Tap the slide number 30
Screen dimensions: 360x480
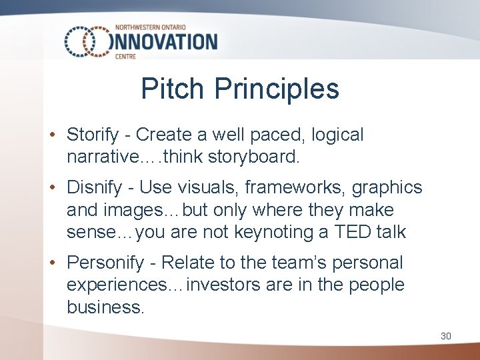(445, 336)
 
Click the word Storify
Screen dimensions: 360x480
(93, 135)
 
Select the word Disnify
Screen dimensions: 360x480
(94, 188)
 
